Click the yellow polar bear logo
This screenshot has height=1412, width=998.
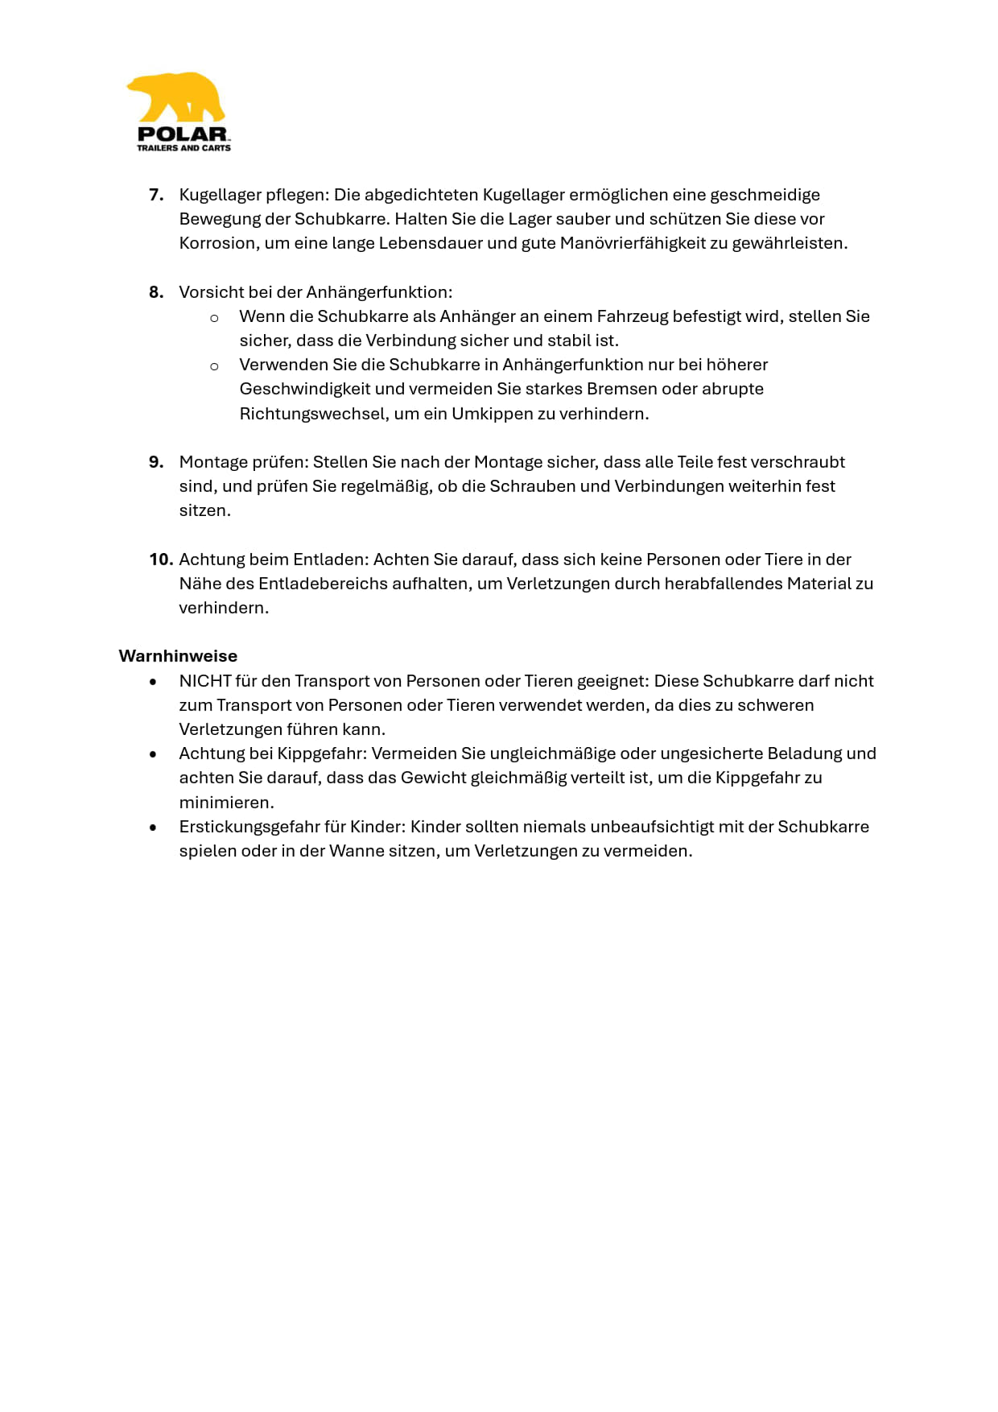click(177, 98)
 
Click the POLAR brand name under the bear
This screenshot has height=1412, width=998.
click(183, 134)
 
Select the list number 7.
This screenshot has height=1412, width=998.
click(156, 195)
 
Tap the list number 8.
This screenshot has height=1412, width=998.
click(156, 292)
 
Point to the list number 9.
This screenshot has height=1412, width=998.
click(156, 462)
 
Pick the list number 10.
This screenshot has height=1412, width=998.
click(160, 559)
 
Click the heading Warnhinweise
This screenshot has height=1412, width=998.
click(178, 656)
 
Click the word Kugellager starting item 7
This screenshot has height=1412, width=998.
click(214, 195)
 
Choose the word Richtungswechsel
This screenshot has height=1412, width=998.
click(312, 414)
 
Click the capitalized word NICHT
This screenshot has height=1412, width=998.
click(205, 681)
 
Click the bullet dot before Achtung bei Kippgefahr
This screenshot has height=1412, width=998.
click(153, 754)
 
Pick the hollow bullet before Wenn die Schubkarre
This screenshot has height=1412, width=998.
click(214, 318)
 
